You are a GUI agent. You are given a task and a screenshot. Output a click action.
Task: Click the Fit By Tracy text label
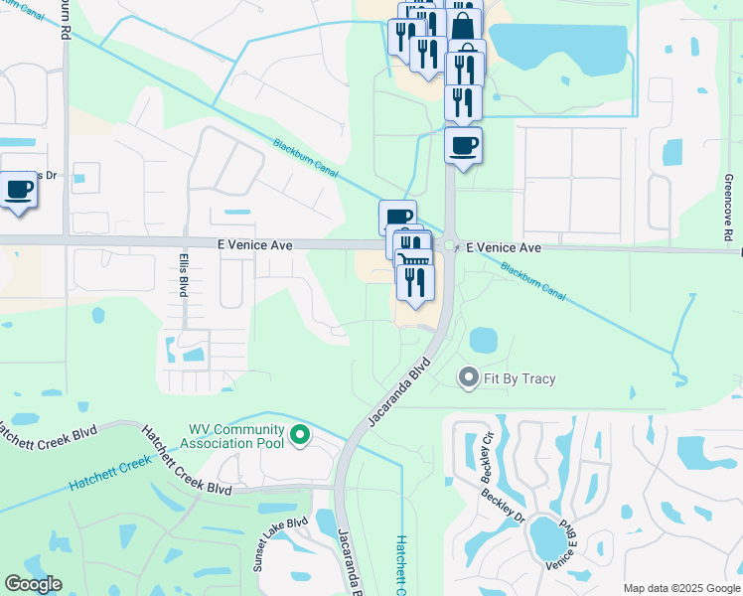(x=520, y=378)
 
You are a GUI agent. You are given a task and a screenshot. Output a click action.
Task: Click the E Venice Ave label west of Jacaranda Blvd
(x=254, y=244)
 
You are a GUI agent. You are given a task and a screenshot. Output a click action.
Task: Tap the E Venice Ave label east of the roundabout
(x=505, y=247)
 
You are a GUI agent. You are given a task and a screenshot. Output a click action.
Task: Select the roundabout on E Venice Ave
(x=449, y=245)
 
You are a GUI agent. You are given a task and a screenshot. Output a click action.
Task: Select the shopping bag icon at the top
(x=463, y=26)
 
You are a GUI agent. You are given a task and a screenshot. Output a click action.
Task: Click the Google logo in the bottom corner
(x=32, y=584)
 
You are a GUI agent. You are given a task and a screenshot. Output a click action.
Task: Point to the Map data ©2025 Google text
(x=681, y=588)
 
